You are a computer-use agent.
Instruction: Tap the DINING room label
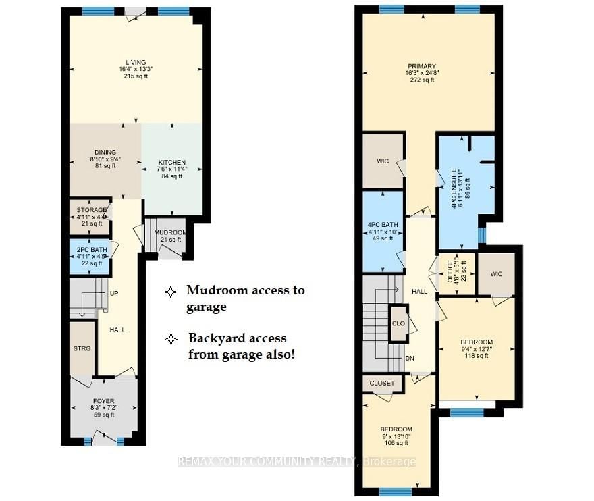[x=105, y=152]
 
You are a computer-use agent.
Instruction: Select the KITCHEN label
[x=171, y=163]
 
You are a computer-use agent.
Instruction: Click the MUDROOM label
[x=169, y=232]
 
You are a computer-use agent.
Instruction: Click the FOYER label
[x=103, y=401]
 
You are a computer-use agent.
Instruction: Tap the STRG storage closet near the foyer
[x=82, y=348]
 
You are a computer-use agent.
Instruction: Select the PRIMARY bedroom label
[x=422, y=66]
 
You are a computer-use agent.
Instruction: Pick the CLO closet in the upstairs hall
[x=398, y=323]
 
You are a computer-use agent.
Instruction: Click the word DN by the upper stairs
[x=410, y=359]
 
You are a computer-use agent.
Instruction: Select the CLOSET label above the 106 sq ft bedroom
[x=381, y=384]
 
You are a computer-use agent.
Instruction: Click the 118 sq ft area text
[x=477, y=357]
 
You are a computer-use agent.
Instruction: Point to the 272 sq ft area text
[x=422, y=80]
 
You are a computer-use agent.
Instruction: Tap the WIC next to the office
[x=497, y=274]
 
